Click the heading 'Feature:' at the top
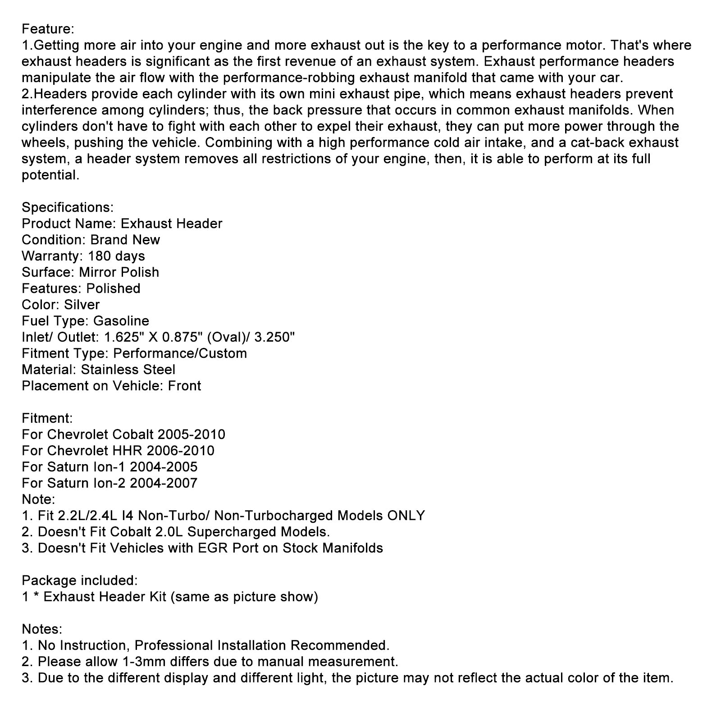(48, 29)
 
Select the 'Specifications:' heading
(68, 208)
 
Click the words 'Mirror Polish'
(119, 273)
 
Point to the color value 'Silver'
(82, 305)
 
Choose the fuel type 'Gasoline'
(121, 321)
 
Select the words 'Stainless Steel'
(128, 370)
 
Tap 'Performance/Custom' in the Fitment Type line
(180, 354)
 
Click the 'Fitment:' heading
(47, 419)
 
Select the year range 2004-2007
(164, 484)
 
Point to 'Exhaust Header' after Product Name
(172, 224)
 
